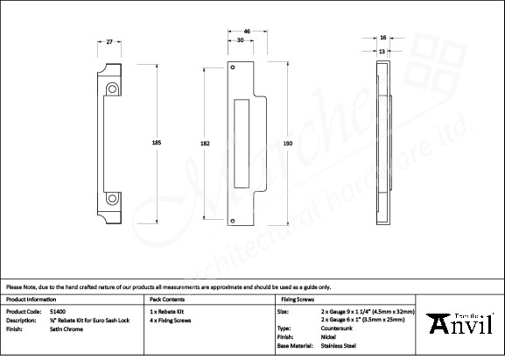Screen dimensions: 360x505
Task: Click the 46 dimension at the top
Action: click(x=248, y=32)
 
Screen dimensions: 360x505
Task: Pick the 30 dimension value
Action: click(x=240, y=41)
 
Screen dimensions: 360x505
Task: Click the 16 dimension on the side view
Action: click(x=382, y=39)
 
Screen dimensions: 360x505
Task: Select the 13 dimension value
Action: click(x=382, y=51)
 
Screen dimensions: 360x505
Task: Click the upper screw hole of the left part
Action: click(x=112, y=88)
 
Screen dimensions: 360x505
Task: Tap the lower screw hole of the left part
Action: click(x=112, y=200)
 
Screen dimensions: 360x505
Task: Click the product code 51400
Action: click(x=58, y=310)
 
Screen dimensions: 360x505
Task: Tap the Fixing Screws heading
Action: click(x=296, y=299)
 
